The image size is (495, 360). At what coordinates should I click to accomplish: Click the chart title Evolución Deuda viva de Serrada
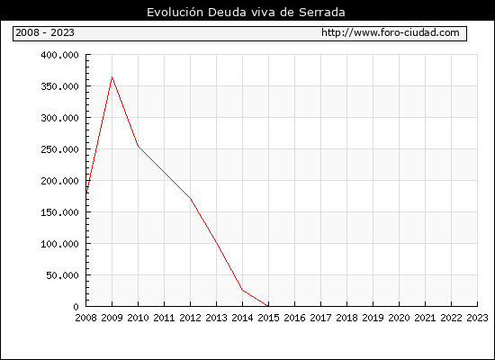pyautogui.click(x=246, y=12)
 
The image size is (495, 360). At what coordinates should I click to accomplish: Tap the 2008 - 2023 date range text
pyautogui.click(x=45, y=32)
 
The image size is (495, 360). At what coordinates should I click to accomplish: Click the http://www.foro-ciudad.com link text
pyautogui.click(x=391, y=32)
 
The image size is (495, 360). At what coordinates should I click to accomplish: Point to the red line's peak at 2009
pyautogui.click(x=112, y=77)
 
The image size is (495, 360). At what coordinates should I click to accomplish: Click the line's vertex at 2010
pyautogui.click(x=139, y=146)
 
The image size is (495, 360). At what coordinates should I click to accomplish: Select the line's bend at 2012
pyautogui.click(x=191, y=199)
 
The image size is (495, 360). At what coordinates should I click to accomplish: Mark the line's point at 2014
pyautogui.click(x=242, y=290)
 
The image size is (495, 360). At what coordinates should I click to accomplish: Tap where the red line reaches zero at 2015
pyautogui.click(x=268, y=306)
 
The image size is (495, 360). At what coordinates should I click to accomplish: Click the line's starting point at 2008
pyautogui.click(x=86, y=193)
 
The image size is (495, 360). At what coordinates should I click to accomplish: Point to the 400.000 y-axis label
pyautogui.click(x=59, y=55)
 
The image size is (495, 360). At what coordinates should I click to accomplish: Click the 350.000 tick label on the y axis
pyautogui.click(x=59, y=86)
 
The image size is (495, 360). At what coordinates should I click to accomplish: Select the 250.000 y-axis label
pyautogui.click(x=59, y=149)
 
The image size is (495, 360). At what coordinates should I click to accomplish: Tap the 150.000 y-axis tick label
pyautogui.click(x=59, y=212)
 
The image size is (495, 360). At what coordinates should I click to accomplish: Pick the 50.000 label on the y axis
pyautogui.click(x=62, y=275)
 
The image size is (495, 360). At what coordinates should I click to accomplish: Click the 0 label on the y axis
pyautogui.click(x=76, y=307)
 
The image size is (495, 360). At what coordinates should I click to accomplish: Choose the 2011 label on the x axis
pyautogui.click(x=164, y=318)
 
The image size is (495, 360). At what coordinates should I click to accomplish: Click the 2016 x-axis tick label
pyautogui.click(x=294, y=318)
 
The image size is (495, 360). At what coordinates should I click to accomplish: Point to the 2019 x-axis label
pyautogui.click(x=373, y=318)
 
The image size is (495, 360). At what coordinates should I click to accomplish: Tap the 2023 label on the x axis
pyautogui.click(x=477, y=318)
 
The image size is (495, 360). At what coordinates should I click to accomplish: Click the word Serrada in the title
pyautogui.click(x=322, y=12)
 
